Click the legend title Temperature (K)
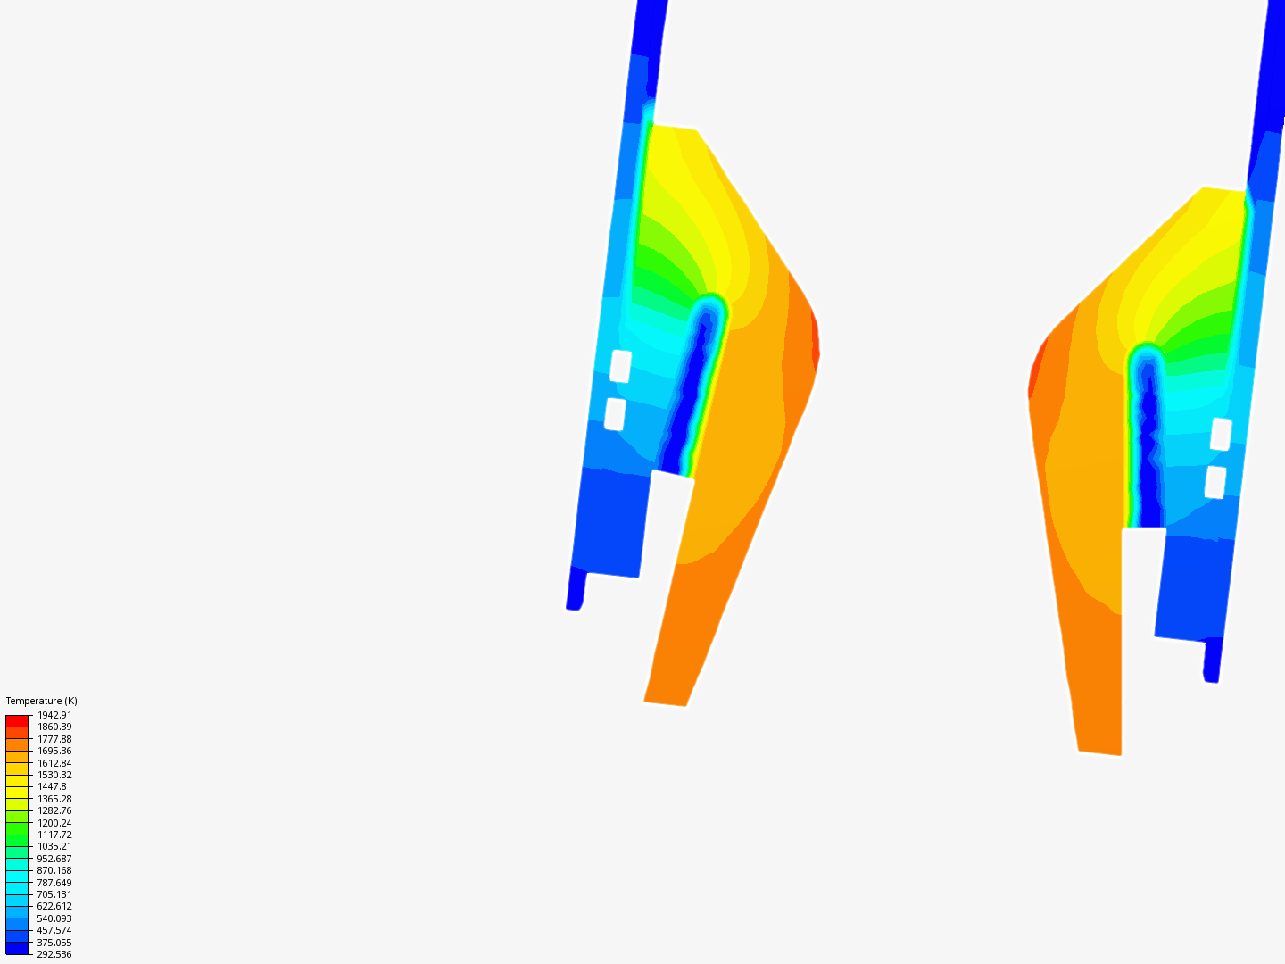(x=41, y=701)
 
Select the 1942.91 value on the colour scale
(x=54, y=715)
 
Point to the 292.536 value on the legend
(x=54, y=954)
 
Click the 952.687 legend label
(x=54, y=859)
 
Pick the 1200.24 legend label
(x=54, y=823)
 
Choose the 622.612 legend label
(x=54, y=906)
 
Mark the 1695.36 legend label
(x=54, y=751)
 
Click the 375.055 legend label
(x=54, y=943)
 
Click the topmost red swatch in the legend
(x=17, y=720)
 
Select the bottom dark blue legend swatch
(x=17, y=948)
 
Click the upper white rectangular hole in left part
(x=620, y=366)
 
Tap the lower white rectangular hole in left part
(x=615, y=414)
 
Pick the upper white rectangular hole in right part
(x=1221, y=434)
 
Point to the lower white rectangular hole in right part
(x=1215, y=482)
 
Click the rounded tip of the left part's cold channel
(x=711, y=306)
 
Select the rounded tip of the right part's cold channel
(x=1146, y=355)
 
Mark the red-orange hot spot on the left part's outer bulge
(x=814, y=344)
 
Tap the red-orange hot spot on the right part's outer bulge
(x=1037, y=366)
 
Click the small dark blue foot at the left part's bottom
(x=576, y=594)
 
